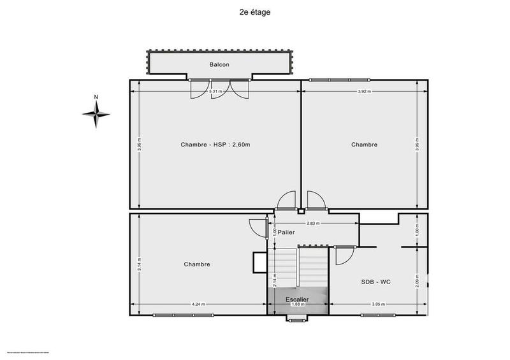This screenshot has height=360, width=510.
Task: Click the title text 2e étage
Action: [x=255, y=11]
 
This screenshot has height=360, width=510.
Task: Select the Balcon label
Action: [x=219, y=64]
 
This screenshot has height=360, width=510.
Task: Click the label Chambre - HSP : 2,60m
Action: [x=215, y=145]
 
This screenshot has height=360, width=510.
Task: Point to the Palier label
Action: [x=286, y=233]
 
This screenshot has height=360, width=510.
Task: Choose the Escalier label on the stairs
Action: [x=297, y=298]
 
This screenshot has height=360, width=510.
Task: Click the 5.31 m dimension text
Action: [x=216, y=92]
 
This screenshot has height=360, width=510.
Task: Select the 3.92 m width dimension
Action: [x=364, y=92]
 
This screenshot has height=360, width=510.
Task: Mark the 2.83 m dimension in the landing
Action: [x=312, y=224]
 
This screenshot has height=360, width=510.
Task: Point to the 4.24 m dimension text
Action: [x=198, y=305]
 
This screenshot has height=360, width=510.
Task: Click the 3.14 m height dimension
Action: [x=140, y=264]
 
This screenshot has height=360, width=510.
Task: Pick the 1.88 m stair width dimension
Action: [x=297, y=305]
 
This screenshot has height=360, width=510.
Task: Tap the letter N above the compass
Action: [x=96, y=97]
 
